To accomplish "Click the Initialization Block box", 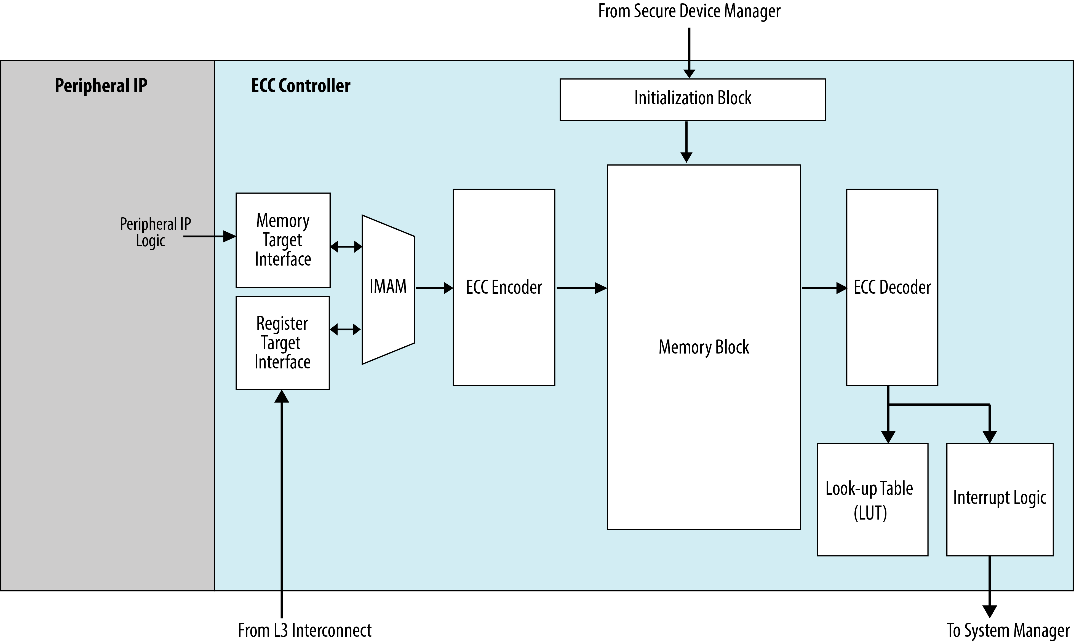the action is coord(693,100).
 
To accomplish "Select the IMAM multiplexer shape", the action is coord(388,289).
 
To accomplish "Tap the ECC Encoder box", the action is coord(504,287).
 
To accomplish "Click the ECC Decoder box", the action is coord(892,287).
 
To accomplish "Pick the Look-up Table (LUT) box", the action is coord(872,500).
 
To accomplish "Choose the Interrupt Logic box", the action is coord(1000,500).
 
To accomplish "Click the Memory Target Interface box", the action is coord(283,240).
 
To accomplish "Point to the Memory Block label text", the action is coord(704,347).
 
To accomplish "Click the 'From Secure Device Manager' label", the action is coord(689,12).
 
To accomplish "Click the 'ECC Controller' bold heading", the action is coord(301,86).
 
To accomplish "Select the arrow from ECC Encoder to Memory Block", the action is coord(582,288).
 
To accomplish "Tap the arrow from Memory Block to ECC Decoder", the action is coord(824,288).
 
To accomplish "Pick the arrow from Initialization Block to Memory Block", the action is coord(686,142).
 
